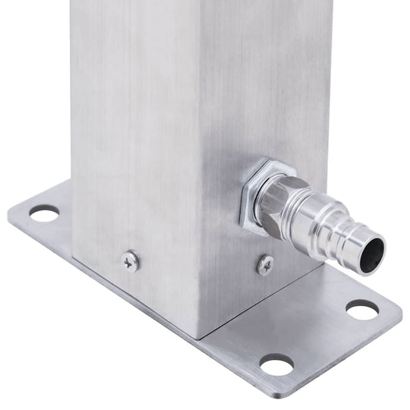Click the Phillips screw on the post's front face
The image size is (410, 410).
[x=131, y=261]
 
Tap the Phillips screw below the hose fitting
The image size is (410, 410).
[x=265, y=265]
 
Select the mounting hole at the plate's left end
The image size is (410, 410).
[x=44, y=214]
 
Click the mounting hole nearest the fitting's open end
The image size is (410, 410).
[x=361, y=309]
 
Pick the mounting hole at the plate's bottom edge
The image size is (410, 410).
[x=277, y=365]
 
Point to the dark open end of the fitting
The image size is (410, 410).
[x=372, y=255]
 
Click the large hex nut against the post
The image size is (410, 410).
[x=257, y=194]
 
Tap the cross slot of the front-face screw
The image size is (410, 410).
[x=131, y=261]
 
